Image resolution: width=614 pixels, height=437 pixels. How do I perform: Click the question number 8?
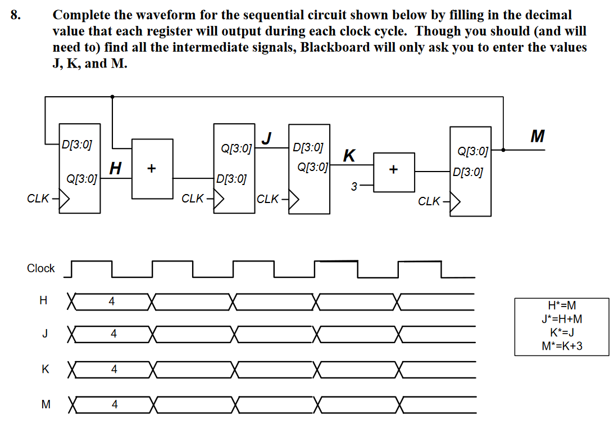[x=15, y=15]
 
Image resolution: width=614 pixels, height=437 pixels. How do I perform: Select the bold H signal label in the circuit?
[x=115, y=168]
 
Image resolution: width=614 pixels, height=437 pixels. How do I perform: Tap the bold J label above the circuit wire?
[x=268, y=137]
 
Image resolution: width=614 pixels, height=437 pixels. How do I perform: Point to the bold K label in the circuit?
[x=349, y=155]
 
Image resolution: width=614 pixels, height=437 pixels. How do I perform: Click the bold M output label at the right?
[x=537, y=136]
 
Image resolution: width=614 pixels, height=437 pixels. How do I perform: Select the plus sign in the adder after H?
[x=152, y=168]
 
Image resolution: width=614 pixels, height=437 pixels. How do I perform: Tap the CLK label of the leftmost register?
[x=38, y=199]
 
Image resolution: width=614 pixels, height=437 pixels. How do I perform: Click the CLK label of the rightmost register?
[x=430, y=201]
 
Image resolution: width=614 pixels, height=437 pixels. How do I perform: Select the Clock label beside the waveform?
[x=41, y=268]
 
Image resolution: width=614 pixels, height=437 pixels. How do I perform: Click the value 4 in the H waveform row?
[x=112, y=302]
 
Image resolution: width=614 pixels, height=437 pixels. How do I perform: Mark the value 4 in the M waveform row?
[x=115, y=404]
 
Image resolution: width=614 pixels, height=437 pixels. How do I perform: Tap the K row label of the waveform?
[x=45, y=370]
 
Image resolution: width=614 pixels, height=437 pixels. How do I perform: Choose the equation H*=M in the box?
[x=561, y=307]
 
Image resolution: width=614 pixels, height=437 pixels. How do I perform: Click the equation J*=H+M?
[x=561, y=319]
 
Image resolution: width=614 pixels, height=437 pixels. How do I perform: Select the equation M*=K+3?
[x=561, y=346]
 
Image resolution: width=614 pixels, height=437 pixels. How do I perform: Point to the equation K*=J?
[x=561, y=332]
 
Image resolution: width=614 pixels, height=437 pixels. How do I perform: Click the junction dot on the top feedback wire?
[x=113, y=97]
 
